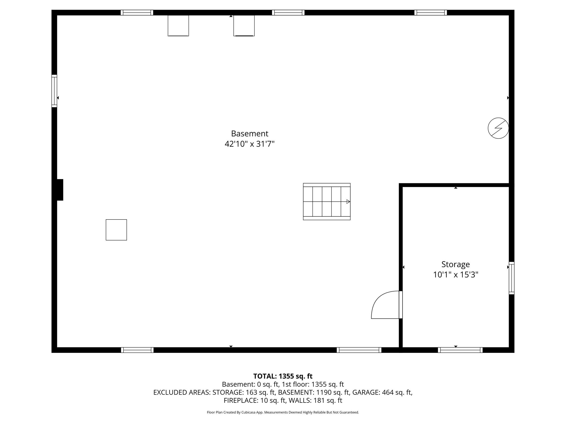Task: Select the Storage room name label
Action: click(455, 265)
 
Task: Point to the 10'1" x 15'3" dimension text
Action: click(455, 275)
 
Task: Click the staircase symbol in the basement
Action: click(327, 201)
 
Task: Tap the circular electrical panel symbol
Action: click(498, 128)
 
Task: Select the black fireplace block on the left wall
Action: click(60, 190)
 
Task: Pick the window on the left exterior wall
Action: click(54, 91)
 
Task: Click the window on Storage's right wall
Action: click(511, 278)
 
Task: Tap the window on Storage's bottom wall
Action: click(460, 350)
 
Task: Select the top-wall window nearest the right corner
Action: click(431, 13)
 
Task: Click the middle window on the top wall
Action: click(288, 13)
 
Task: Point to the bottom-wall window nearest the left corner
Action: click(137, 350)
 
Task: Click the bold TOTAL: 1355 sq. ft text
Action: click(283, 376)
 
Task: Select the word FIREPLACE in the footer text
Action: click(241, 401)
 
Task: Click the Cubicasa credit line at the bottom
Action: click(283, 412)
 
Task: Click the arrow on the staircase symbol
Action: click(348, 202)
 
